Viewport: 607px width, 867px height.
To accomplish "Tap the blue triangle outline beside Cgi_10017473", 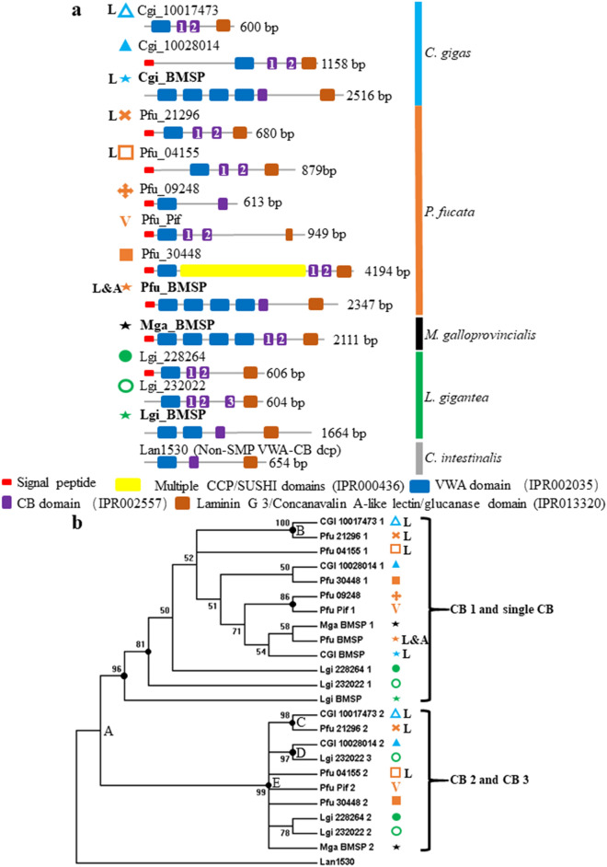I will click(x=127, y=11).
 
